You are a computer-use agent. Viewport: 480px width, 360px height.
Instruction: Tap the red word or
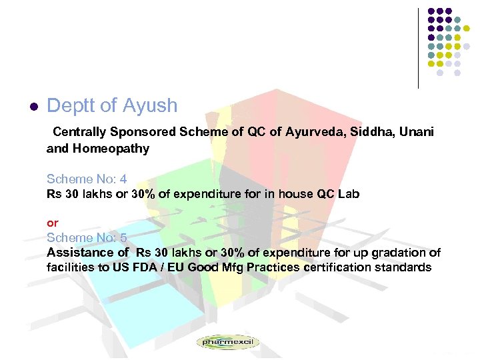(x=52, y=223)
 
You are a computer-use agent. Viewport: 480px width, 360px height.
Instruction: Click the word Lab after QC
(x=348, y=194)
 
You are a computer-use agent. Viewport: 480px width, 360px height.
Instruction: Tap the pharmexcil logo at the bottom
(x=227, y=342)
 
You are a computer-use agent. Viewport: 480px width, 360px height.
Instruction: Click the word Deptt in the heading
(x=68, y=106)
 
